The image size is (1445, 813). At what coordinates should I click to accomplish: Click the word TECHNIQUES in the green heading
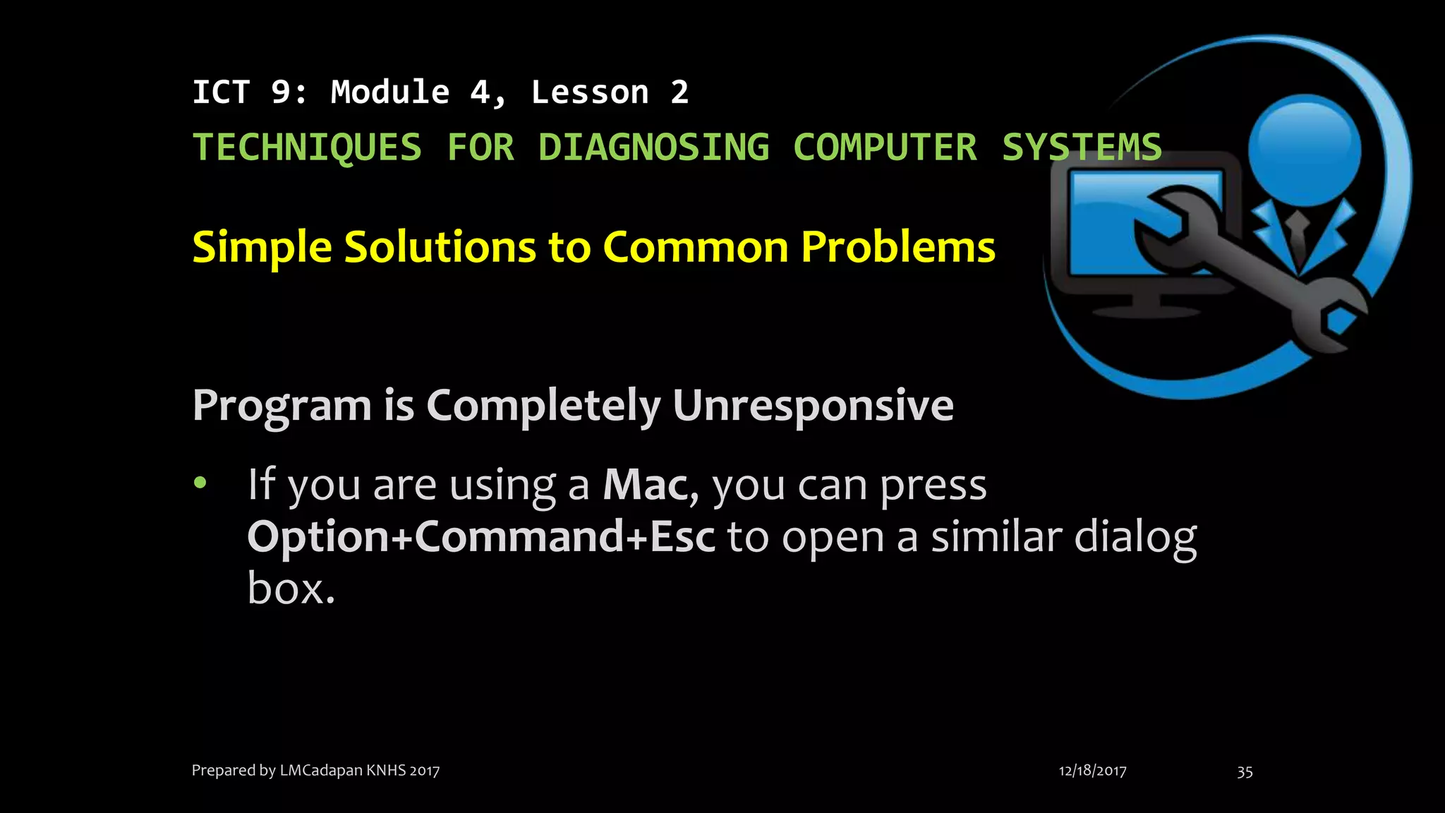307,147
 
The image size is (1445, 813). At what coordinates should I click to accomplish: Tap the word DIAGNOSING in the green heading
653,147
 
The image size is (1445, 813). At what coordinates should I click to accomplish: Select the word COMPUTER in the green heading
885,147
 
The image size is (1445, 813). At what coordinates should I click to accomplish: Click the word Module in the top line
390,92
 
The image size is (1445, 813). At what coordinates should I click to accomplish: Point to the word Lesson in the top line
590,92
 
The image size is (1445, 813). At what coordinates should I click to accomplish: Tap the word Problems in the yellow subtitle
898,247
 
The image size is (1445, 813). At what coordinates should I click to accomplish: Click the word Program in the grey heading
282,406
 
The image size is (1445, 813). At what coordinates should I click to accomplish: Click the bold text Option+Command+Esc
481,537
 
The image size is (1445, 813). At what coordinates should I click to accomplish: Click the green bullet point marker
201,483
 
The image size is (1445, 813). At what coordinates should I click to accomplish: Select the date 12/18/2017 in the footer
1092,771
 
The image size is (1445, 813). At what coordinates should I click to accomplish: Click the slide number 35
1245,771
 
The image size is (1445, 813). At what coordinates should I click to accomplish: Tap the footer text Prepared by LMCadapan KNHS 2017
315,770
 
